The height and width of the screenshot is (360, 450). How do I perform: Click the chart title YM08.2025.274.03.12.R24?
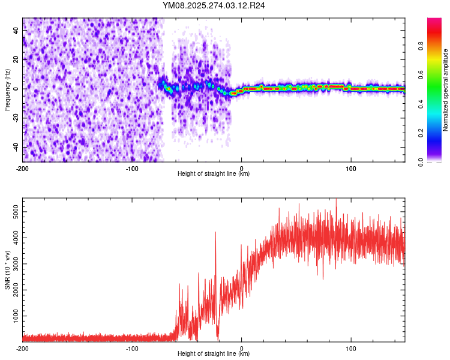tap(214, 6)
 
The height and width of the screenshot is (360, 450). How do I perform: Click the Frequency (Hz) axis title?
tap(7, 89)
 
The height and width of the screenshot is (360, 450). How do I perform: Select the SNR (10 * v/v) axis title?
tap(7, 269)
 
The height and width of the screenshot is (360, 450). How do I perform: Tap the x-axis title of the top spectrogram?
tap(214, 173)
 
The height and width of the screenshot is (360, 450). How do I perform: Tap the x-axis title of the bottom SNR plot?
tap(214, 353)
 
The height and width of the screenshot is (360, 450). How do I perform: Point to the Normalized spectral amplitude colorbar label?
tap(446, 90)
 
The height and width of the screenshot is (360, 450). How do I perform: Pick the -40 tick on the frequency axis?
tap(15, 147)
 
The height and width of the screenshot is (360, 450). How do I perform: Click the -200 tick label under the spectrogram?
tap(23, 168)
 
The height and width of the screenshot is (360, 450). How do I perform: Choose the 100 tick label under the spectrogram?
tap(350, 168)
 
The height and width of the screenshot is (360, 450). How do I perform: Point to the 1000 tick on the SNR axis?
tap(13, 316)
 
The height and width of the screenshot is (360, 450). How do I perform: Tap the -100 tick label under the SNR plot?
tap(132, 348)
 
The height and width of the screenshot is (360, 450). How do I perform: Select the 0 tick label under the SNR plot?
tap(241, 348)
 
